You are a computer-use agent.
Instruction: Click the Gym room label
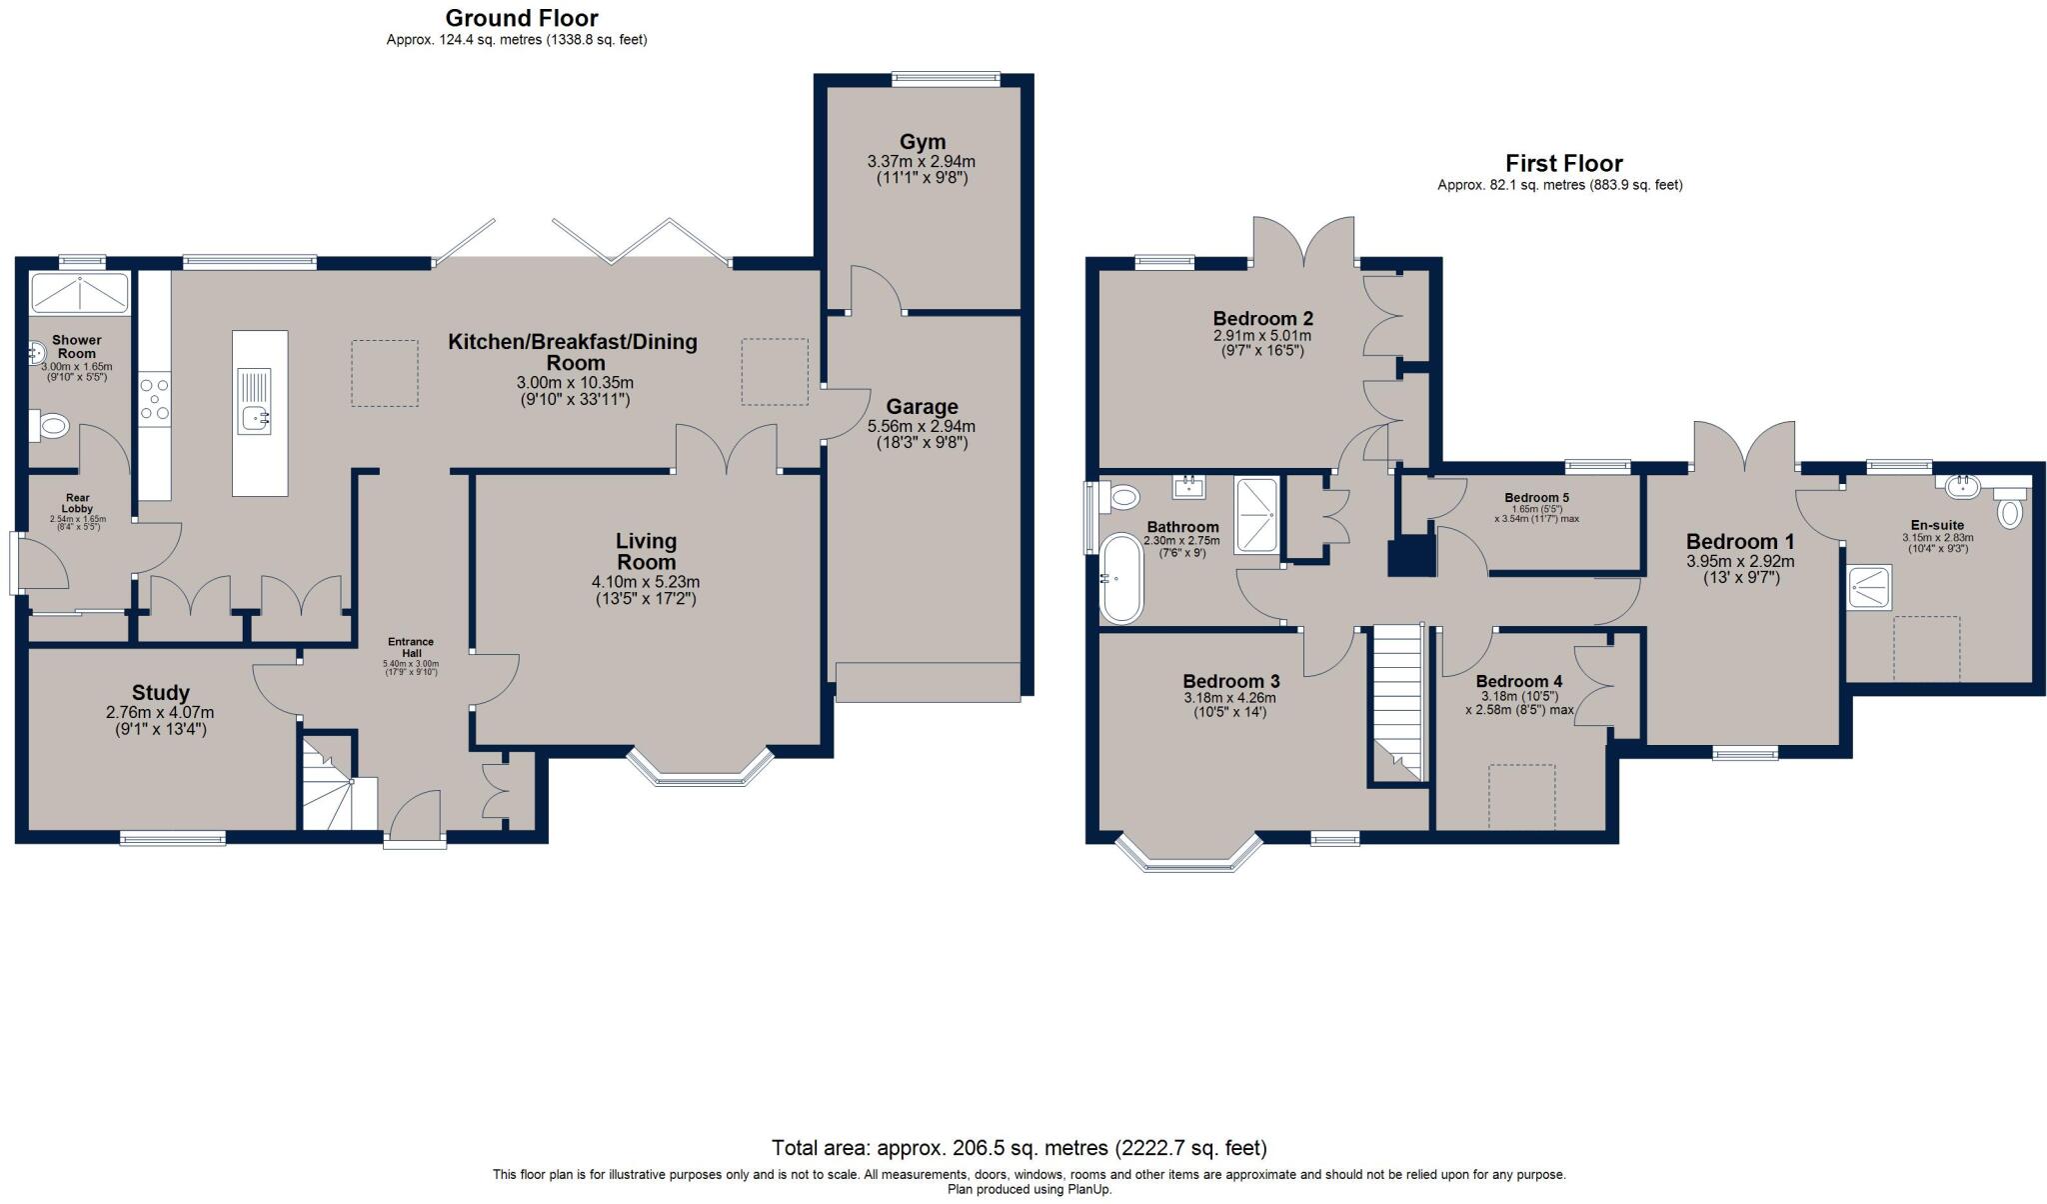click(x=922, y=142)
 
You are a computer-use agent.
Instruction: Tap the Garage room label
click(x=922, y=407)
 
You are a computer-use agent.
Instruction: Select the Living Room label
click(x=646, y=551)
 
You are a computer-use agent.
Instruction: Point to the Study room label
click(x=161, y=693)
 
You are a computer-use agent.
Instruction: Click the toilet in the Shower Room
click(x=47, y=427)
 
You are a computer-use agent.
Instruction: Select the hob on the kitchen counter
click(x=154, y=398)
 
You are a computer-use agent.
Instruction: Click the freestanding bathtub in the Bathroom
click(x=1120, y=579)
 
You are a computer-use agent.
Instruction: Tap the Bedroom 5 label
click(x=1536, y=498)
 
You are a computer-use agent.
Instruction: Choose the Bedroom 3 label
click(x=1230, y=681)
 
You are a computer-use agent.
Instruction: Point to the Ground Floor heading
click(x=522, y=18)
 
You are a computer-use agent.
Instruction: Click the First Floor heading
click(x=1564, y=163)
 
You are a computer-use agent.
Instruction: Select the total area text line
click(x=1020, y=1148)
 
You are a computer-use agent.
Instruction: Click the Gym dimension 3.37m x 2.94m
click(x=922, y=161)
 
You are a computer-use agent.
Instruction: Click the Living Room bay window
click(x=701, y=768)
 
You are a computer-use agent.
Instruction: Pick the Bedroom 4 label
click(x=1519, y=682)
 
